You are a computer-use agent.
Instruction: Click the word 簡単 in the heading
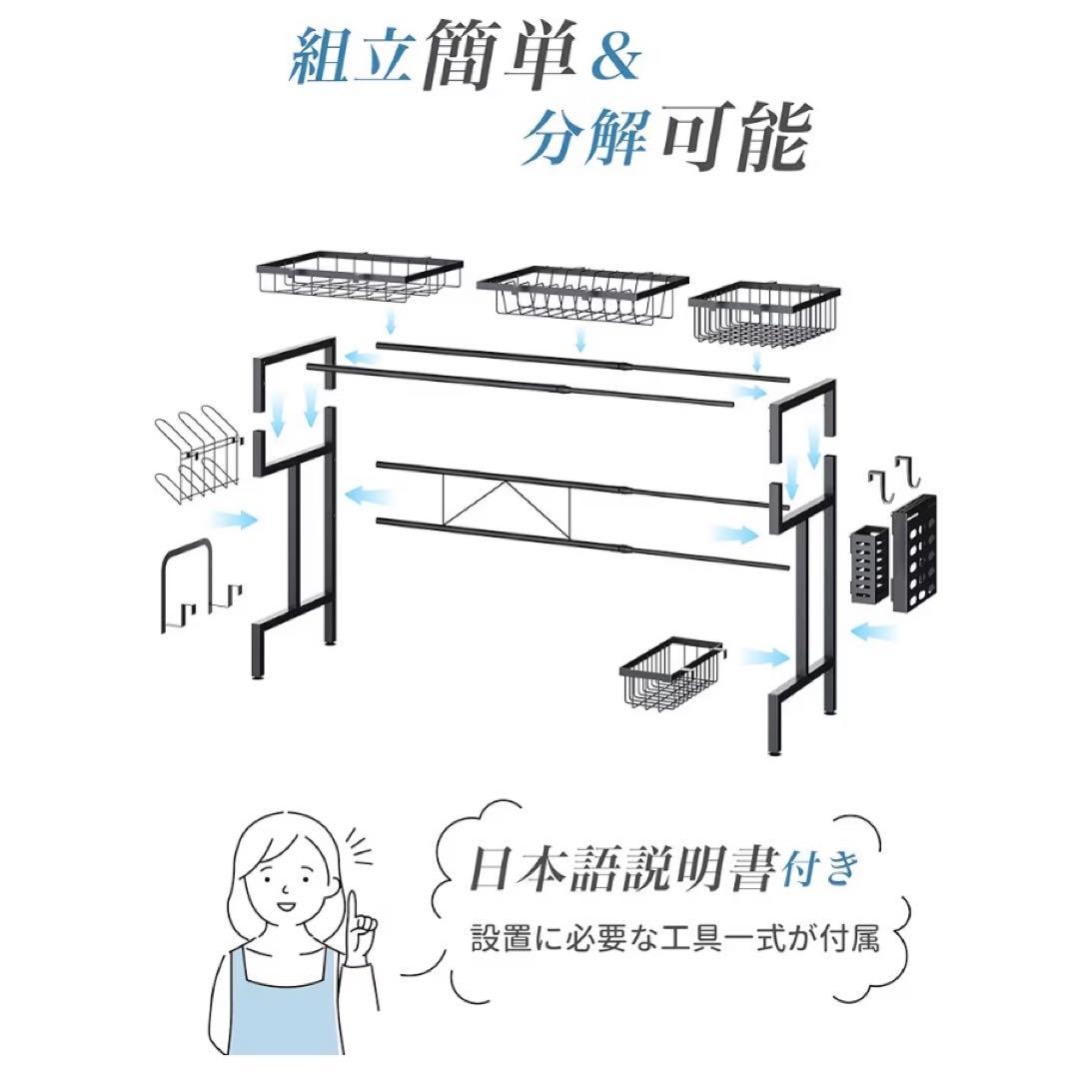click(x=499, y=56)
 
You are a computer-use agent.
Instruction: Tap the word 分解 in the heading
click(x=583, y=136)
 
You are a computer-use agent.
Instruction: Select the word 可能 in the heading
click(x=737, y=136)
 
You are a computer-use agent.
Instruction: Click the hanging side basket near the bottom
click(x=670, y=673)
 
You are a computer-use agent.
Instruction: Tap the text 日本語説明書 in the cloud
click(x=623, y=869)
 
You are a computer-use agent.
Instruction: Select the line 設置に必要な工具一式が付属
click(x=675, y=938)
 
